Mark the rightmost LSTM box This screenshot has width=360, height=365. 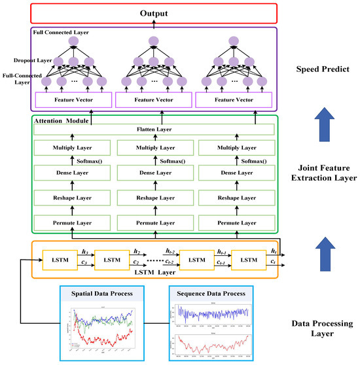point(249,260)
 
